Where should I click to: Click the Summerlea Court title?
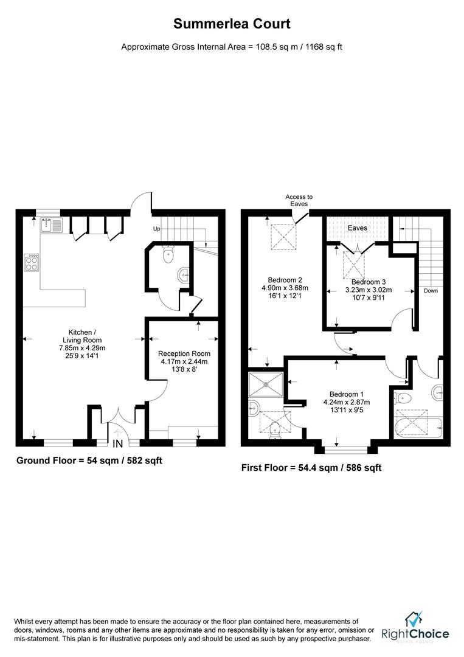pos(232,24)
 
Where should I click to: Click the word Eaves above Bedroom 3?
pos(357,228)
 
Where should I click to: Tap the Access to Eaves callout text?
pos(299,201)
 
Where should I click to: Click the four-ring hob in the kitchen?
pos(31,262)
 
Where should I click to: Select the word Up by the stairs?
pos(156,229)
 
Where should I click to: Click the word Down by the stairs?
pos(431,291)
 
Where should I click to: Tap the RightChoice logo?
pos(415,629)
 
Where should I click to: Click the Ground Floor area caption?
pos(89,461)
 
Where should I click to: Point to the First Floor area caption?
pos(311,467)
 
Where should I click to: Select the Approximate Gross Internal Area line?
pos(232,46)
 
